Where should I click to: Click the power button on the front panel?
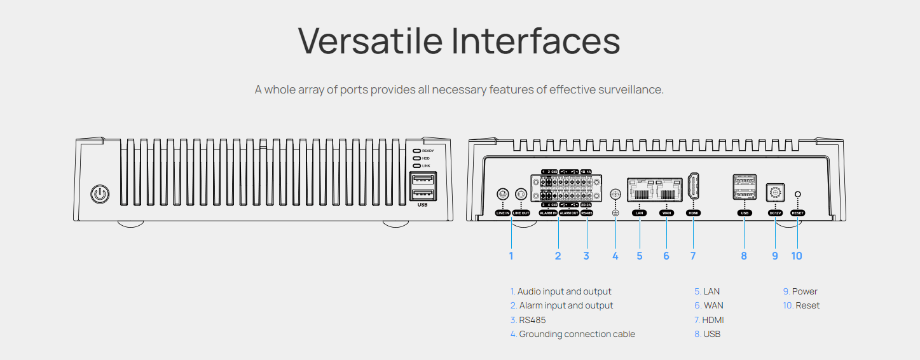click(x=99, y=194)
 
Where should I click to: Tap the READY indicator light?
click(x=416, y=151)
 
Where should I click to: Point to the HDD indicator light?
click(x=416, y=158)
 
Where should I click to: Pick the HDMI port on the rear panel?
click(x=693, y=187)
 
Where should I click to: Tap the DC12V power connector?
click(x=775, y=191)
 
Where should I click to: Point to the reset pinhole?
click(x=797, y=194)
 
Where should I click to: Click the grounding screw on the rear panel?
click(x=615, y=195)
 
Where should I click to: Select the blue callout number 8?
click(x=744, y=256)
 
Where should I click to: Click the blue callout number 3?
click(x=586, y=256)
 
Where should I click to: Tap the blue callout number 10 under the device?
click(x=797, y=256)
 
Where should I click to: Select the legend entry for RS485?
click(x=532, y=320)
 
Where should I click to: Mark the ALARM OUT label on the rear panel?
click(x=568, y=213)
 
